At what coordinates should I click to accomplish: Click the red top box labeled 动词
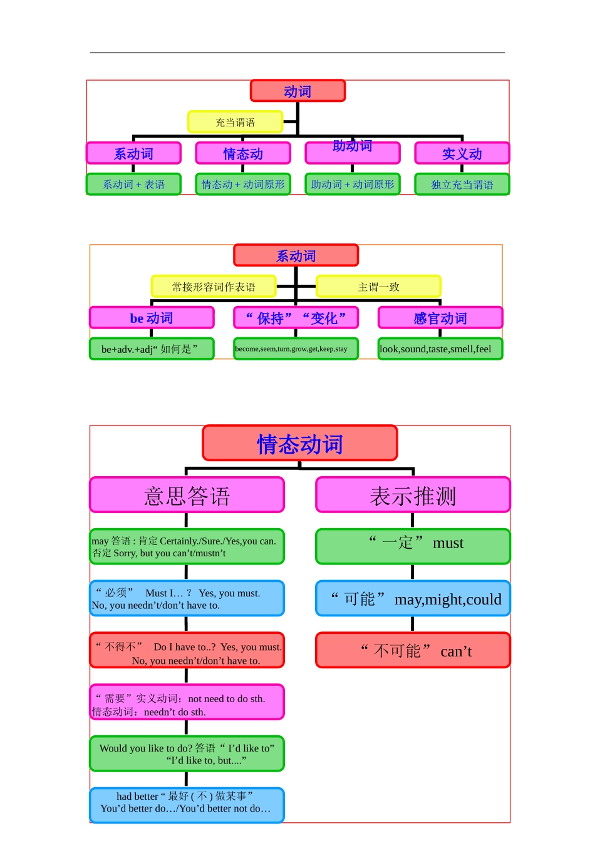tap(297, 91)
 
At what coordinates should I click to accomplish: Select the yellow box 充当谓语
tap(235, 122)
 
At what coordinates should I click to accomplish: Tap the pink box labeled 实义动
tap(462, 153)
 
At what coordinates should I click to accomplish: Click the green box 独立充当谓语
tap(462, 185)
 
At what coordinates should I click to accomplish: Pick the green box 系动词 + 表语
tap(133, 185)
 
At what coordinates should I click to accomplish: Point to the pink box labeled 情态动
tap(243, 153)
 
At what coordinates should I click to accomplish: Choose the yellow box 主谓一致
tap(378, 287)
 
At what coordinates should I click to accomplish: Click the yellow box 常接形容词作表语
tap(214, 287)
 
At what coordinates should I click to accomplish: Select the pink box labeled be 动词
tap(152, 318)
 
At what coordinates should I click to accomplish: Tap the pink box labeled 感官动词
tap(440, 318)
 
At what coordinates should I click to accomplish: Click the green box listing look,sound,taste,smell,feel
tap(440, 349)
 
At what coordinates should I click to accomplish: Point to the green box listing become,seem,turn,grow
tap(296, 349)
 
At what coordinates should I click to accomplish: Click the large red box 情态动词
tap(300, 444)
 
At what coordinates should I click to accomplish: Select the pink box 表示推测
tap(413, 496)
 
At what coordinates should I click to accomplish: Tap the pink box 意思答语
tap(187, 496)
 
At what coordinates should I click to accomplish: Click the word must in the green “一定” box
tap(448, 543)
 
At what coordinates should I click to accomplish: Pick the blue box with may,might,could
tap(413, 599)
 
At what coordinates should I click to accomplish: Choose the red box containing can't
tap(413, 651)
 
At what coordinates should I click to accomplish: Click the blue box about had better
tap(187, 805)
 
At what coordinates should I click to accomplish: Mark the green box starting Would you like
tap(187, 754)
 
